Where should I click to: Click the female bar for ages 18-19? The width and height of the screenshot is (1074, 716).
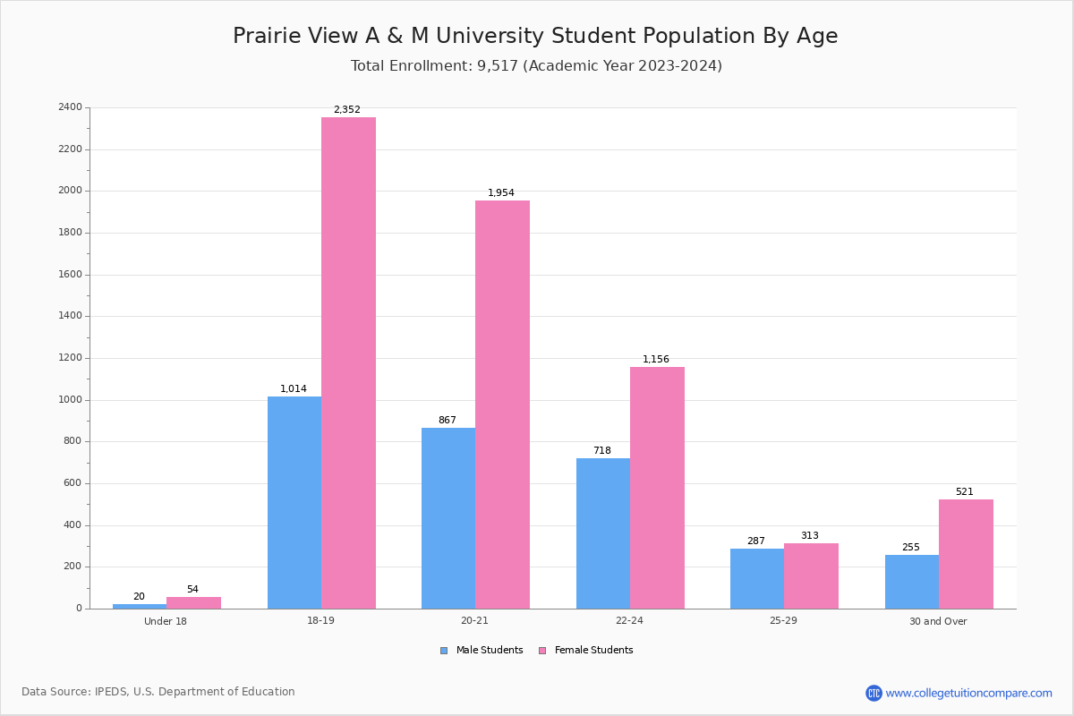348,362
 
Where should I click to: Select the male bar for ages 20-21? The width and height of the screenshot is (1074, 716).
448,518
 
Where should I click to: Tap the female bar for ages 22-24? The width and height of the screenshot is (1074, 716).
657,488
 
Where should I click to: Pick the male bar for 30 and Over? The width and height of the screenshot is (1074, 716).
912,582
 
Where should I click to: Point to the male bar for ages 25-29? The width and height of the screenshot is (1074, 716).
757,578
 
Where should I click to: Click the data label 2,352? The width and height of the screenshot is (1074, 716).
347,110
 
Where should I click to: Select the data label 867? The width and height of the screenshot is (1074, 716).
447,421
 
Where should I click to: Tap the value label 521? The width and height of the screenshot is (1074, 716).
964,492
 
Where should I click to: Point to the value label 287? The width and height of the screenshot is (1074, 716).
756,541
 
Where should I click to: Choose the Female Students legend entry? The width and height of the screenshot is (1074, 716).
586,651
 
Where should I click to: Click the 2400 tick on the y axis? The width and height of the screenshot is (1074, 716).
70,107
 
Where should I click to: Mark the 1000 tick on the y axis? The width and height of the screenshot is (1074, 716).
70,400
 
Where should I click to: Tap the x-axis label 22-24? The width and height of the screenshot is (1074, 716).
629,621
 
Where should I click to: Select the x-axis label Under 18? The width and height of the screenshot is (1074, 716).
166,621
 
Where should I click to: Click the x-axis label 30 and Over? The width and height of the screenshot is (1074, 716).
938,621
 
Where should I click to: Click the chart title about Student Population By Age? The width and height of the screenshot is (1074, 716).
535,37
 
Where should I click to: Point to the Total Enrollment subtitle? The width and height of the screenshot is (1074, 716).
536,66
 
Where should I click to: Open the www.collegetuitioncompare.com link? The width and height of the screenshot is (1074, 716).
968,693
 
